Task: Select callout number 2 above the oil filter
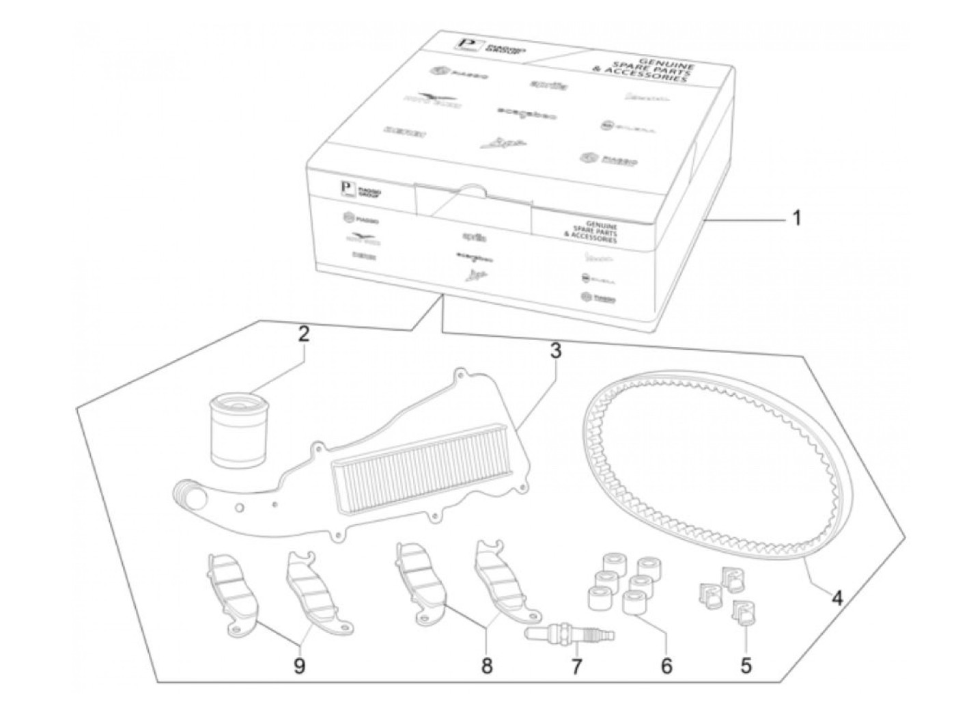[303, 334]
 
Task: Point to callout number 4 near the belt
[837, 598]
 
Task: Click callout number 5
[746, 664]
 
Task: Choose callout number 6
[666, 664]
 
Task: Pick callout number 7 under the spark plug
[577, 666]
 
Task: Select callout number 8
[486, 665]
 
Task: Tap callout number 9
[299, 665]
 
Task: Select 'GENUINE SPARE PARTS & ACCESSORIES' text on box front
[592, 233]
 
